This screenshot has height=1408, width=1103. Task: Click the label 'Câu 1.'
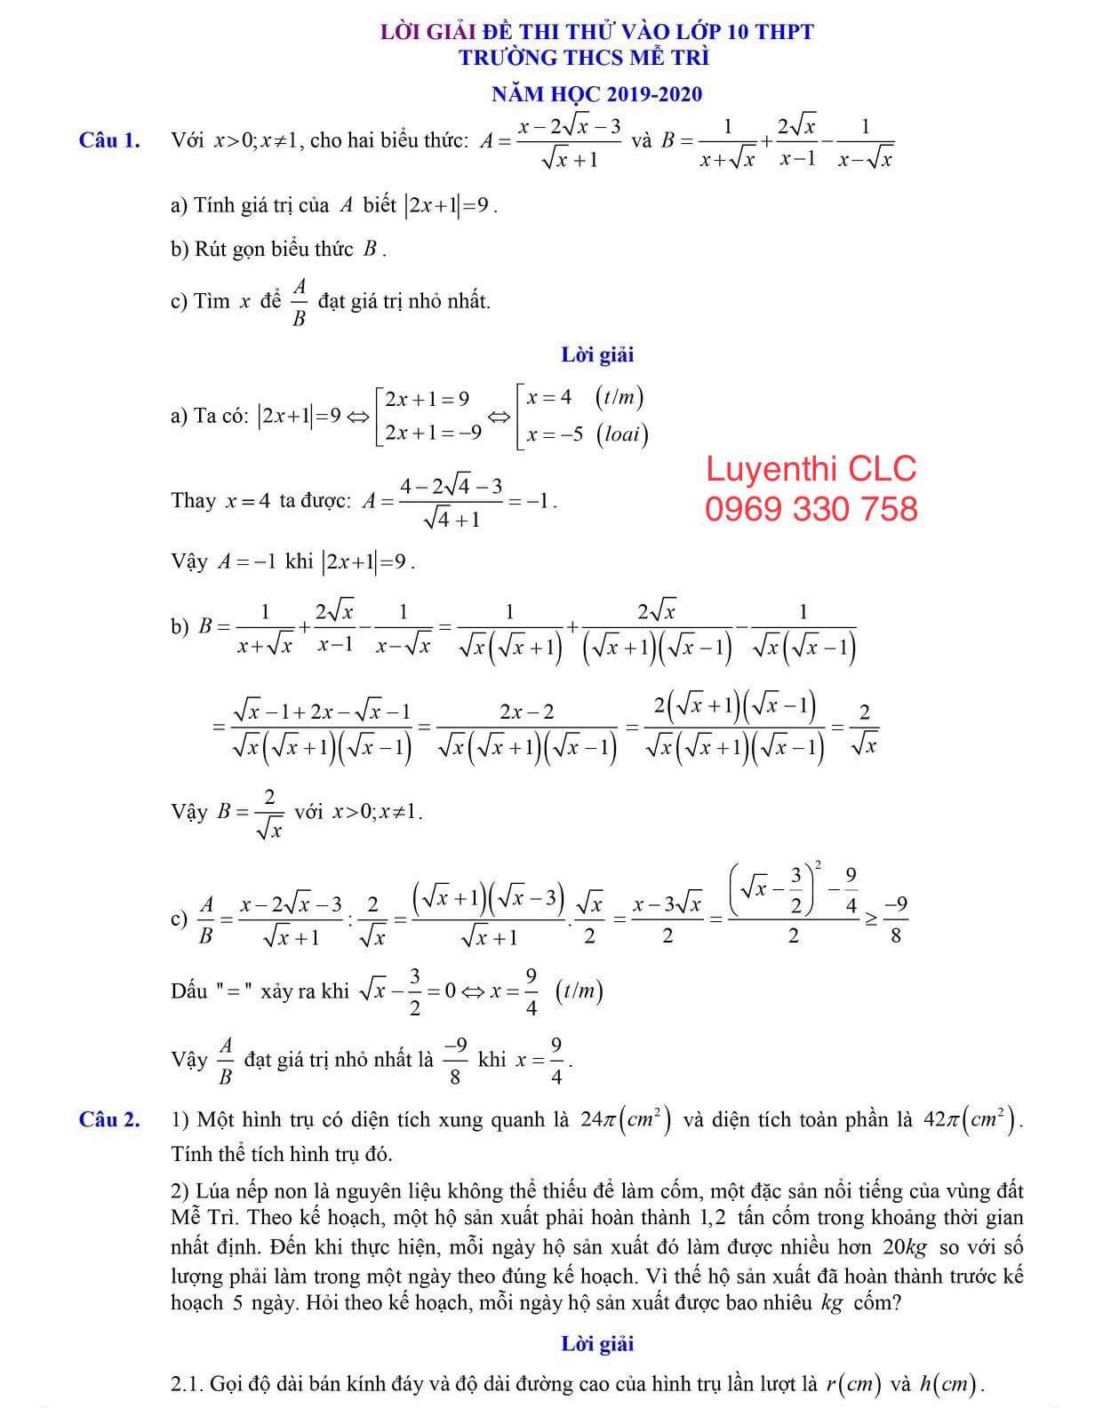(x=109, y=140)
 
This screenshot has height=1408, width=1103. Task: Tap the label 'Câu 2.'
(x=109, y=1119)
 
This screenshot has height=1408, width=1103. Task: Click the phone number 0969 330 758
(x=811, y=509)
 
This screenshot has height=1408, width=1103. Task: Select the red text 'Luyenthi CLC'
(x=811, y=469)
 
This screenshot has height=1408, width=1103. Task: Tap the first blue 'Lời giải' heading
(x=597, y=355)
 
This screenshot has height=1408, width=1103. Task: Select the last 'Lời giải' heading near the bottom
(x=597, y=1343)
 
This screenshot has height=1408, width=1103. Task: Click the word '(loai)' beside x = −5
(x=622, y=434)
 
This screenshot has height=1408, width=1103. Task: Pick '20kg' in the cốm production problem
(x=906, y=1247)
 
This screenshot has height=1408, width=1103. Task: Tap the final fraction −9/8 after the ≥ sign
(x=896, y=919)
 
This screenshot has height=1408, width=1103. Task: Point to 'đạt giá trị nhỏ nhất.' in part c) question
(x=404, y=301)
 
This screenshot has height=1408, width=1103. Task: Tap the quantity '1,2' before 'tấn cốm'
(x=716, y=1217)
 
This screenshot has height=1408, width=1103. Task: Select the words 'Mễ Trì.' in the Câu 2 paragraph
(x=205, y=1217)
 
